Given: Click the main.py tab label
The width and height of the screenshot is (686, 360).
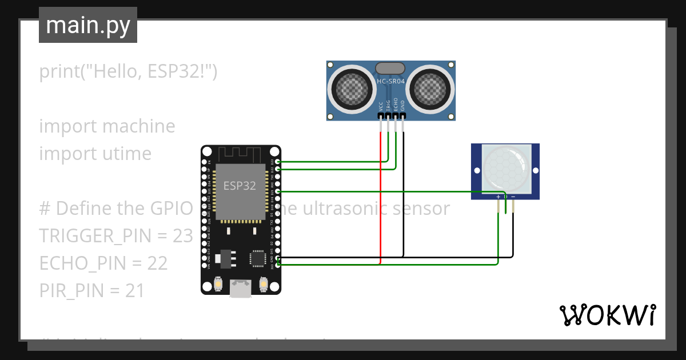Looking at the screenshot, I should click(87, 25).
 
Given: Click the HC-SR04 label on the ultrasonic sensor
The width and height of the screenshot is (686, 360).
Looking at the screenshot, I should click(391, 82).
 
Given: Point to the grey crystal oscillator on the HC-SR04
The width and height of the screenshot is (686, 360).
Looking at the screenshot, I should click(390, 68).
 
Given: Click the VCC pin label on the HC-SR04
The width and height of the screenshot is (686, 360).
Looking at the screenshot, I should click(381, 106).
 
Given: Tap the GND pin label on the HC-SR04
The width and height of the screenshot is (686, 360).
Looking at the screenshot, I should click(402, 106).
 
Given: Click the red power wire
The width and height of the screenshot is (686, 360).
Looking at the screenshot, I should click(381, 200).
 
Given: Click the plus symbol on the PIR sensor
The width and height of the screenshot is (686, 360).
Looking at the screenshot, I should click(498, 197).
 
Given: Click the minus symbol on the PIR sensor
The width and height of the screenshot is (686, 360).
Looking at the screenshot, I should click(513, 197).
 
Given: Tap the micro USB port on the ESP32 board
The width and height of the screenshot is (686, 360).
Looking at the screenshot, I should click(240, 289).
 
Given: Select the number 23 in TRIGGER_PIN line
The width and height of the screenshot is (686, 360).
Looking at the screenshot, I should click(182, 235).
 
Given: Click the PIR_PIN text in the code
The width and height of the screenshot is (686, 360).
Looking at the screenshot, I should click(71, 290).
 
